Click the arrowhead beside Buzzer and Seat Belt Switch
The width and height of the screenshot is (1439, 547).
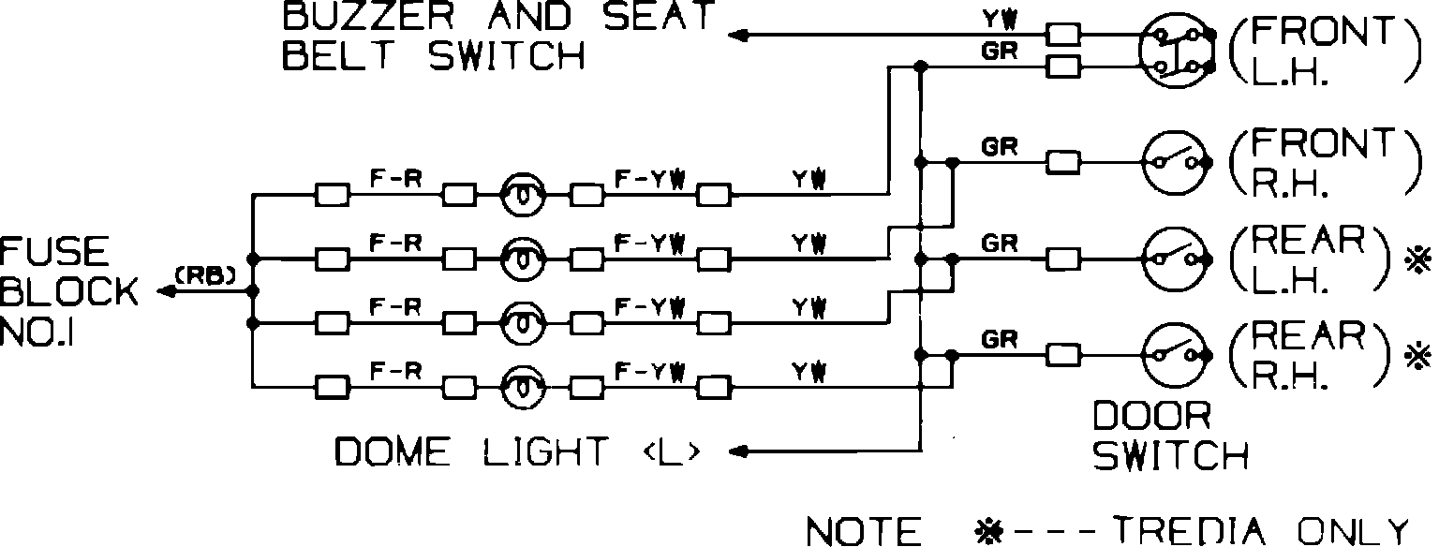pyautogui.click(x=738, y=36)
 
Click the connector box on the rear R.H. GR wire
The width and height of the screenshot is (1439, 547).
pyautogui.click(x=1063, y=354)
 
